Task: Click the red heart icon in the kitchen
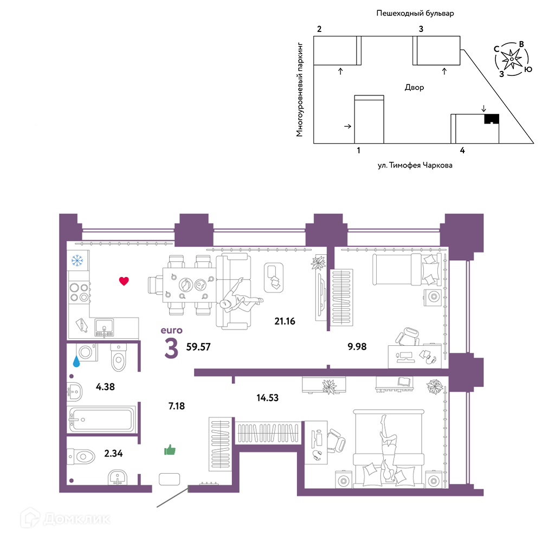point(124,281)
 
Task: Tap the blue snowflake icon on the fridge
point(77,260)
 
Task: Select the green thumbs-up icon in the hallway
point(170,450)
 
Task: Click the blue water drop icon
point(76,362)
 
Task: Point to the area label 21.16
point(285,321)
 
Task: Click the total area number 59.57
point(198,347)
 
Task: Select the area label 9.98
point(357,346)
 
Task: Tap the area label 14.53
point(268,398)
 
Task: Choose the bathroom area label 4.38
point(105,387)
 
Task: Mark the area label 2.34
point(113,454)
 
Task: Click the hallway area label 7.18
point(177,406)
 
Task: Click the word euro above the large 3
point(171,331)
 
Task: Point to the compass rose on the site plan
point(512,59)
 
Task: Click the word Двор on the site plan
point(415,87)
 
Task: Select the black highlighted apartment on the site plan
point(492,119)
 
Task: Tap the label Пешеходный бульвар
point(415,14)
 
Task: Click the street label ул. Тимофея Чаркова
point(415,165)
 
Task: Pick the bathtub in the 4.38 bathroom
point(102,420)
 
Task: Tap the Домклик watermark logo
point(66,519)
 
